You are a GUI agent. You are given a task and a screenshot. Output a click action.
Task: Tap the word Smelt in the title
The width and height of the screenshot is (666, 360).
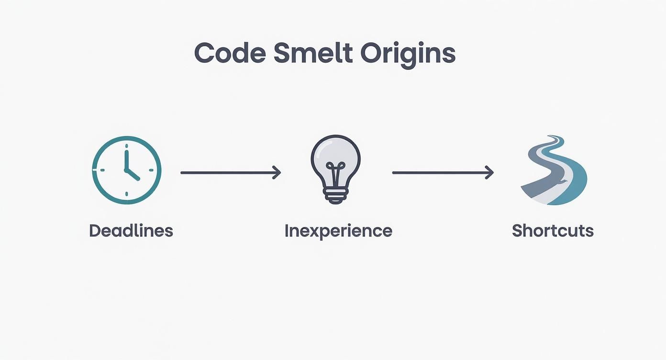click(x=311, y=54)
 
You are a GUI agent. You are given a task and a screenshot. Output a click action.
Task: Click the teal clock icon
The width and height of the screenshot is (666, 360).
click(x=127, y=170)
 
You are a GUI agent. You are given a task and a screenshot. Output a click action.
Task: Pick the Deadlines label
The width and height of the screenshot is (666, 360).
click(x=131, y=231)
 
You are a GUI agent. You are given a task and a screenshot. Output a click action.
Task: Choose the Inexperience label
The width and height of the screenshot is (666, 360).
click(x=338, y=231)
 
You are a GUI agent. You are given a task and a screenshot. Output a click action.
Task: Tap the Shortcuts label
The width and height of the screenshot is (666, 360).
click(x=553, y=231)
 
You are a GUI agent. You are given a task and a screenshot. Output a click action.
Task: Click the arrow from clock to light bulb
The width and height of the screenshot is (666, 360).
click(x=230, y=172)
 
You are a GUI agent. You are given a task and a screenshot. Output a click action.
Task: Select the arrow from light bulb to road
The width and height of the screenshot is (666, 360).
click(x=443, y=172)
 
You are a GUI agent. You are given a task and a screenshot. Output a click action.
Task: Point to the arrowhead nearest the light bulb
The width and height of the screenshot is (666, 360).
click(x=277, y=172)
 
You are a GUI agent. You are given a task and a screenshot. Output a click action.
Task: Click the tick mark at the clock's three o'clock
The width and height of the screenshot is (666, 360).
click(x=152, y=170)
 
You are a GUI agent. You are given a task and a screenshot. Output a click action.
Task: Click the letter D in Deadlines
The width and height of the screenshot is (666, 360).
click(x=94, y=231)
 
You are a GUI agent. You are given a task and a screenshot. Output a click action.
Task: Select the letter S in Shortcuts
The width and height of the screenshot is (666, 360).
click(x=517, y=231)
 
